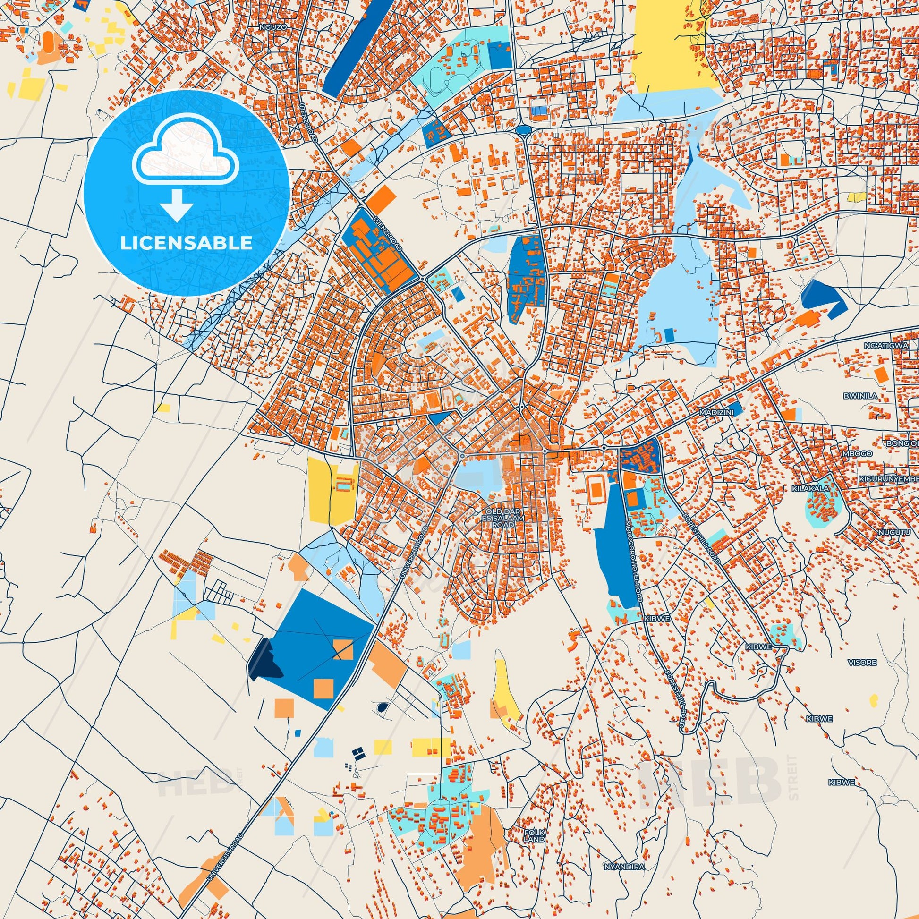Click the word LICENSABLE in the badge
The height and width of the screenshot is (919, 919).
coord(187,243)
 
